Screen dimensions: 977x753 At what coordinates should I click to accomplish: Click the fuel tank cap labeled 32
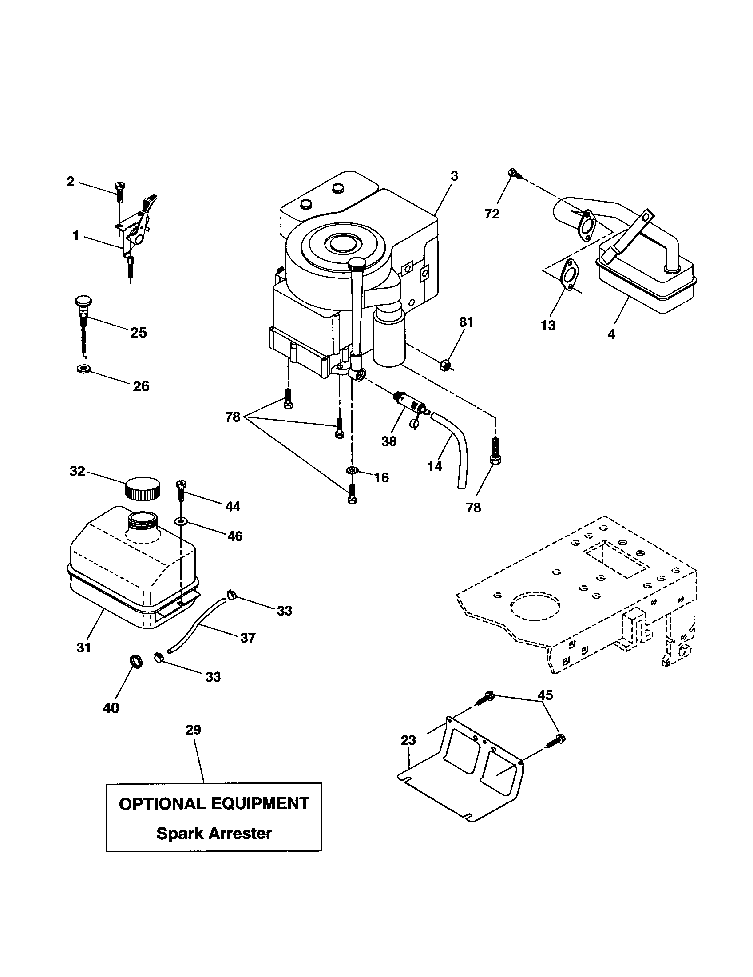click(x=143, y=489)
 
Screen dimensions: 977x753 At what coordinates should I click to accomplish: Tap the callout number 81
click(x=466, y=322)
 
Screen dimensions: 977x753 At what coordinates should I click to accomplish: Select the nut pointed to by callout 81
click(x=445, y=365)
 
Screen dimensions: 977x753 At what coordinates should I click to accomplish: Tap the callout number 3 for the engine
click(x=454, y=176)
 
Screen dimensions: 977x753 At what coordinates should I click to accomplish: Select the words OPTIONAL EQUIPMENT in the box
click(x=214, y=803)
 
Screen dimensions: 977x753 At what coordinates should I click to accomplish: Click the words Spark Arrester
click(x=214, y=834)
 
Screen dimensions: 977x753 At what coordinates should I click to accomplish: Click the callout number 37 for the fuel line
click(x=248, y=637)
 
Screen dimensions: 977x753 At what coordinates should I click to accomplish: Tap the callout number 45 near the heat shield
click(x=545, y=695)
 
